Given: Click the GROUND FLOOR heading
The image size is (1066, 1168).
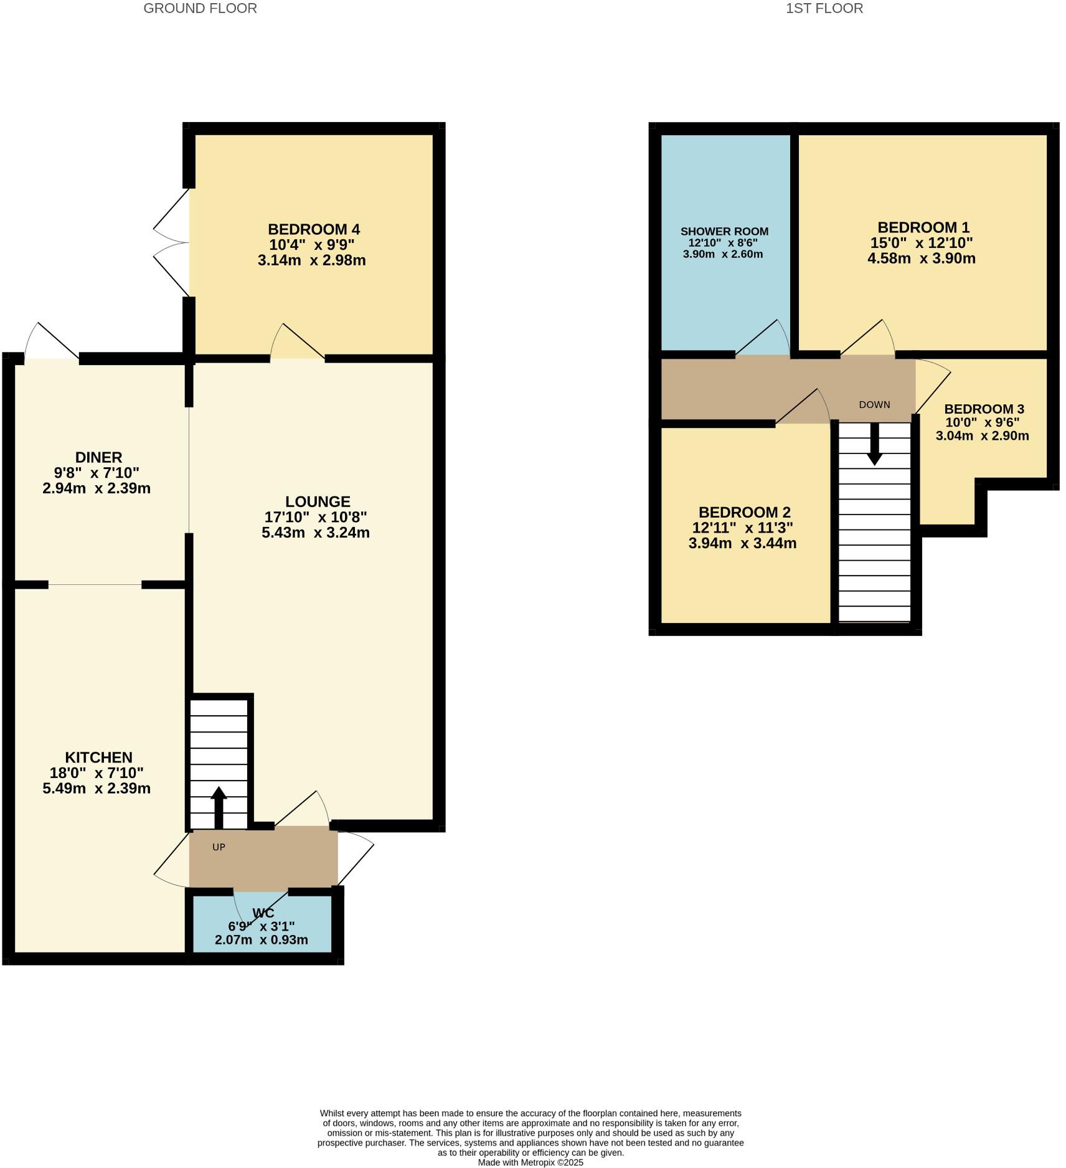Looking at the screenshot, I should [200, 9].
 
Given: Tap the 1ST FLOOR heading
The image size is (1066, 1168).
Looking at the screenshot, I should [824, 9].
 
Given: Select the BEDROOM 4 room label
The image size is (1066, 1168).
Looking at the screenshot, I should [314, 229].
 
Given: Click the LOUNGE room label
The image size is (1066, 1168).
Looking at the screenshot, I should [318, 501].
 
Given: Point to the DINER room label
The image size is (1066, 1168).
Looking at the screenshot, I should [98, 457].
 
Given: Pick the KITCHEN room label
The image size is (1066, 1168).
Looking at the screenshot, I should [98, 757].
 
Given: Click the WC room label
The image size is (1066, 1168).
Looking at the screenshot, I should [263, 913].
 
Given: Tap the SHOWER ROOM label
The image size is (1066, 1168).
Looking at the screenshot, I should [724, 232].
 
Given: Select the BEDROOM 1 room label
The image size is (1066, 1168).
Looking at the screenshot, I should [923, 227].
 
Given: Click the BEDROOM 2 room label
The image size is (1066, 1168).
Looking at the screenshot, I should [744, 512].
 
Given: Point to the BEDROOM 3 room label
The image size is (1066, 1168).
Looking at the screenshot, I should [983, 409].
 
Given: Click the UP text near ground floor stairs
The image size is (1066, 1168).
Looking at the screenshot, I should [219, 847].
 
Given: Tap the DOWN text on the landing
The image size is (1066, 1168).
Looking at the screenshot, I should [874, 405].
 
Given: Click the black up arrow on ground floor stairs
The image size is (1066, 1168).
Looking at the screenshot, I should [219, 807].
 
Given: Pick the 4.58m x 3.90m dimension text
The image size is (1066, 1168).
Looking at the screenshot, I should [921, 259].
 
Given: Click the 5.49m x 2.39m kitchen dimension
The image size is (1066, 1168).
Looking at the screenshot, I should [97, 789].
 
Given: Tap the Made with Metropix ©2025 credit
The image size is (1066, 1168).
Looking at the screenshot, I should [531, 1162].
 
